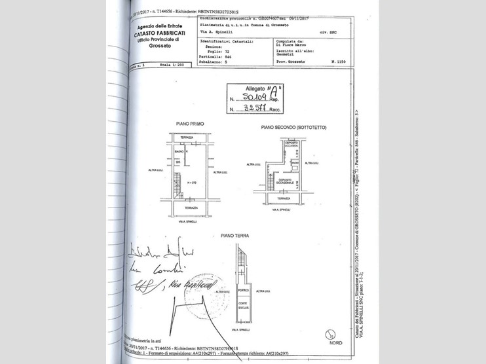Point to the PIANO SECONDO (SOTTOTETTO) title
pyautogui.click(x=293, y=127)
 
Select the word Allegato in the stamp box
pyautogui.click(x=257, y=88)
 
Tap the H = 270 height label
pyautogui.click(x=192, y=181)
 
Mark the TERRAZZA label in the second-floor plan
pyautogui.click(x=284, y=197)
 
